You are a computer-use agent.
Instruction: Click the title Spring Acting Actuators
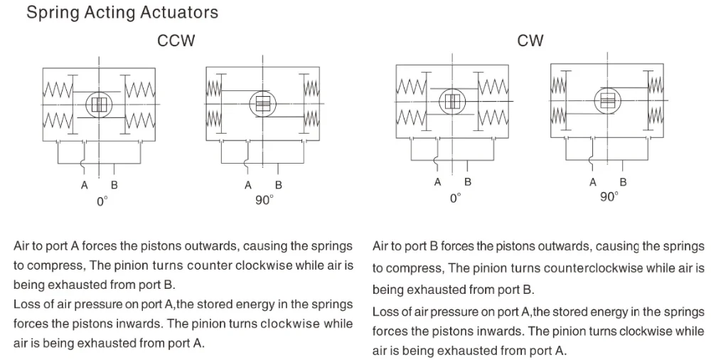coord(122,13)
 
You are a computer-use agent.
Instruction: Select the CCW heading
coord(176,41)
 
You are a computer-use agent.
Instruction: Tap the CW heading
coord(530,41)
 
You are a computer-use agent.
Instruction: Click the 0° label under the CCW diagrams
coord(102,201)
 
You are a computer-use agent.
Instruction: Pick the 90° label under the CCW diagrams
coord(264,201)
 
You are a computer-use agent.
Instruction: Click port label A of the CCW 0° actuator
coord(85,185)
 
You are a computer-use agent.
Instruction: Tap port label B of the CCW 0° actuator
coord(114,185)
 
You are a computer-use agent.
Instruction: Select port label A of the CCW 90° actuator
coord(248,185)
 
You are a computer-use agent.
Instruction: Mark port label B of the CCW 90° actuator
coord(278,185)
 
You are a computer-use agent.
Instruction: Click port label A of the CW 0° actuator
coord(438,182)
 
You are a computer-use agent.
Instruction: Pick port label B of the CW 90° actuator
coord(624,182)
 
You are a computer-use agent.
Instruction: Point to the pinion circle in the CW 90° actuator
coord(606,100)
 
